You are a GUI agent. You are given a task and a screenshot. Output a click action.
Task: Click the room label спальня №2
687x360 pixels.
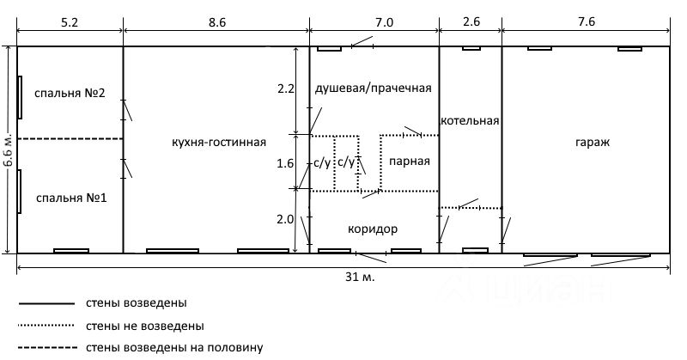70,94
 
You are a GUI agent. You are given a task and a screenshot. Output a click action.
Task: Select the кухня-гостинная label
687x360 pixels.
219,142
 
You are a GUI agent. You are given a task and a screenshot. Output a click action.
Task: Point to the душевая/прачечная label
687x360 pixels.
372,88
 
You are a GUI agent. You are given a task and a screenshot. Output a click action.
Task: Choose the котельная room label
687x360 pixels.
470,121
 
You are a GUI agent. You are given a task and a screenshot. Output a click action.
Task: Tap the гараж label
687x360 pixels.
593,142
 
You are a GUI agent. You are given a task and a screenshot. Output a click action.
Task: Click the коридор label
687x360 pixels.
373,229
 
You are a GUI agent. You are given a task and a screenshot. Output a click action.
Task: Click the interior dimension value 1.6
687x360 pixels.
286,162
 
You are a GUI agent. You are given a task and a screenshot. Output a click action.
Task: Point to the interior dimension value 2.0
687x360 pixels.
286,220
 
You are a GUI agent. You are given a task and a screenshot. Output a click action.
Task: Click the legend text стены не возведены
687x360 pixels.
144,326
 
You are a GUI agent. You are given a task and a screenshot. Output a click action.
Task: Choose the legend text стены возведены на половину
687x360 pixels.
173,347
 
